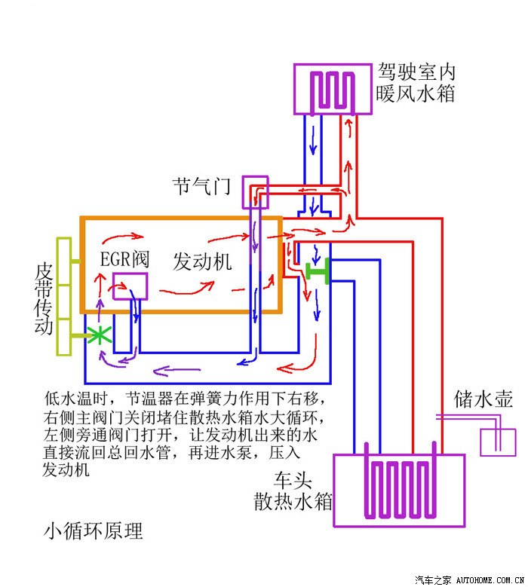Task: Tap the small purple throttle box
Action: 255,192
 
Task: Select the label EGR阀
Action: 126,261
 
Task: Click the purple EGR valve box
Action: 130,286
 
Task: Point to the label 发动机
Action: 202,261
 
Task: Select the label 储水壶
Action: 483,399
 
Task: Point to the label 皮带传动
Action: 44,298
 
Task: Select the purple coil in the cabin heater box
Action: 333,90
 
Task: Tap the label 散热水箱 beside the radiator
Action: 293,501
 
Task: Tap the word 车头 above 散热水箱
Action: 294,479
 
